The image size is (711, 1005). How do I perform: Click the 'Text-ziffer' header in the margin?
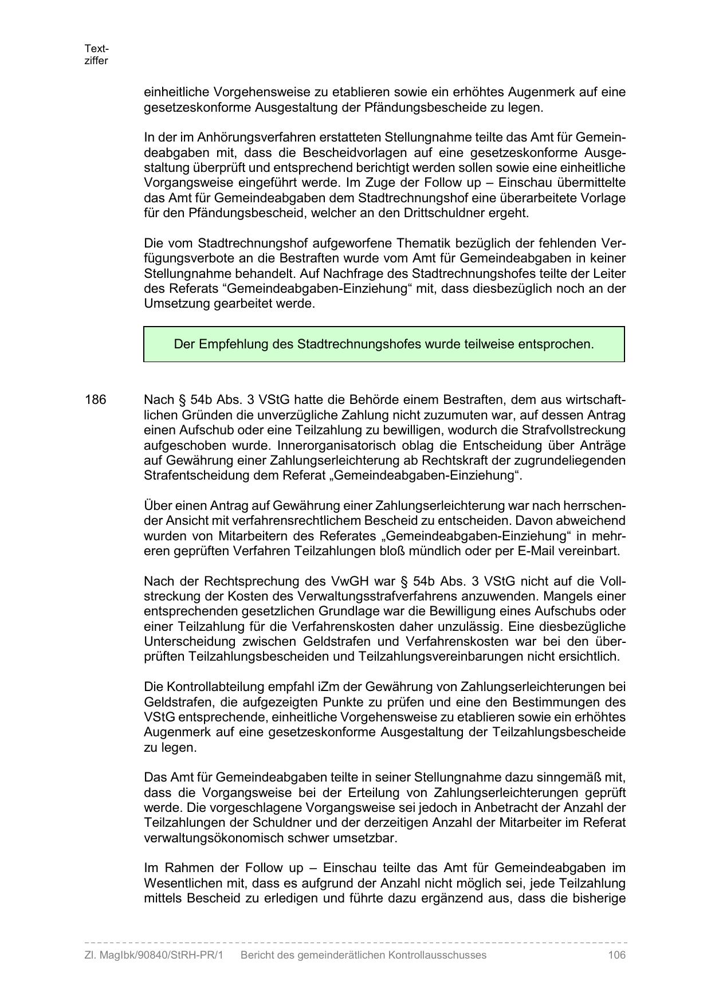point(96,54)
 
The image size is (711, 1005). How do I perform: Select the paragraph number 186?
point(96,400)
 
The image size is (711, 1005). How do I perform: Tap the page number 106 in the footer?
point(616,955)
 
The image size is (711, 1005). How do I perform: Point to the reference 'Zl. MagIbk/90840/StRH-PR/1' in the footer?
point(153,955)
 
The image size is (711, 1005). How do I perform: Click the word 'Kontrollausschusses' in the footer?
point(437,955)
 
